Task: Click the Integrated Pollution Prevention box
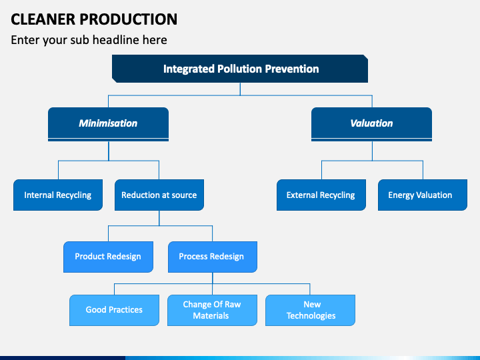point(240,69)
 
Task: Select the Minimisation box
point(109,124)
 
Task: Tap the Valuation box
point(371,124)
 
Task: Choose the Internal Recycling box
point(58,195)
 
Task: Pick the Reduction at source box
point(159,195)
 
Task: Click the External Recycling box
point(321,195)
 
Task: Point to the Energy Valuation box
point(423,195)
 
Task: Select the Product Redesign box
point(109,257)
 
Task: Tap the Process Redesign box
point(213,257)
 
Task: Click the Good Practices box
point(114,310)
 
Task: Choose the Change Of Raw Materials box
point(212,310)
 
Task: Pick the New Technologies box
point(310,310)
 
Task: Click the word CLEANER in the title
point(43,19)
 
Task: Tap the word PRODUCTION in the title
point(129,19)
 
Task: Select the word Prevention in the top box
point(292,69)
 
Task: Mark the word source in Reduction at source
point(184,195)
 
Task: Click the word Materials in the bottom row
point(211,315)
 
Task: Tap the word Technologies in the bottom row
point(311,316)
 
